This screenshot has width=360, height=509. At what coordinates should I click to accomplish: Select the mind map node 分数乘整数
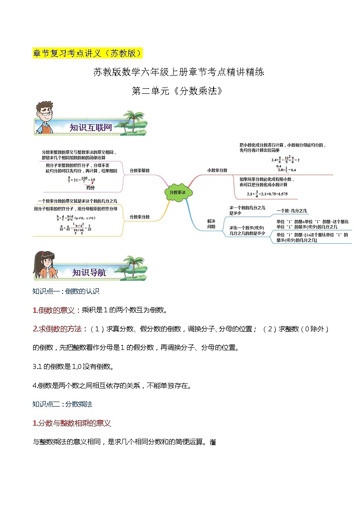(x=140, y=170)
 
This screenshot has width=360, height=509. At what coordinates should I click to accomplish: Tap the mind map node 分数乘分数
(x=140, y=217)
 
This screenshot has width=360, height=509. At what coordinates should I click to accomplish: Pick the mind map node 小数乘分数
(x=217, y=170)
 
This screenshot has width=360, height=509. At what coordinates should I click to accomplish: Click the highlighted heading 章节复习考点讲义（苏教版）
(x=88, y=53)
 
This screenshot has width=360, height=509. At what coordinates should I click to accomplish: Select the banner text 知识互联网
(x=91, y=127)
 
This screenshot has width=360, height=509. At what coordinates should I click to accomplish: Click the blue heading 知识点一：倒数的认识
(x=66, y=291)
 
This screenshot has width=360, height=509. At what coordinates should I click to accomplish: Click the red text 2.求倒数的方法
(x=59, y=329)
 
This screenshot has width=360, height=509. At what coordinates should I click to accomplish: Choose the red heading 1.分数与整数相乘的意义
(x=72, y=423)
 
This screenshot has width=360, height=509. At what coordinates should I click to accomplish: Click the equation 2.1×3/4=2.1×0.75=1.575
(x=266, y=194)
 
